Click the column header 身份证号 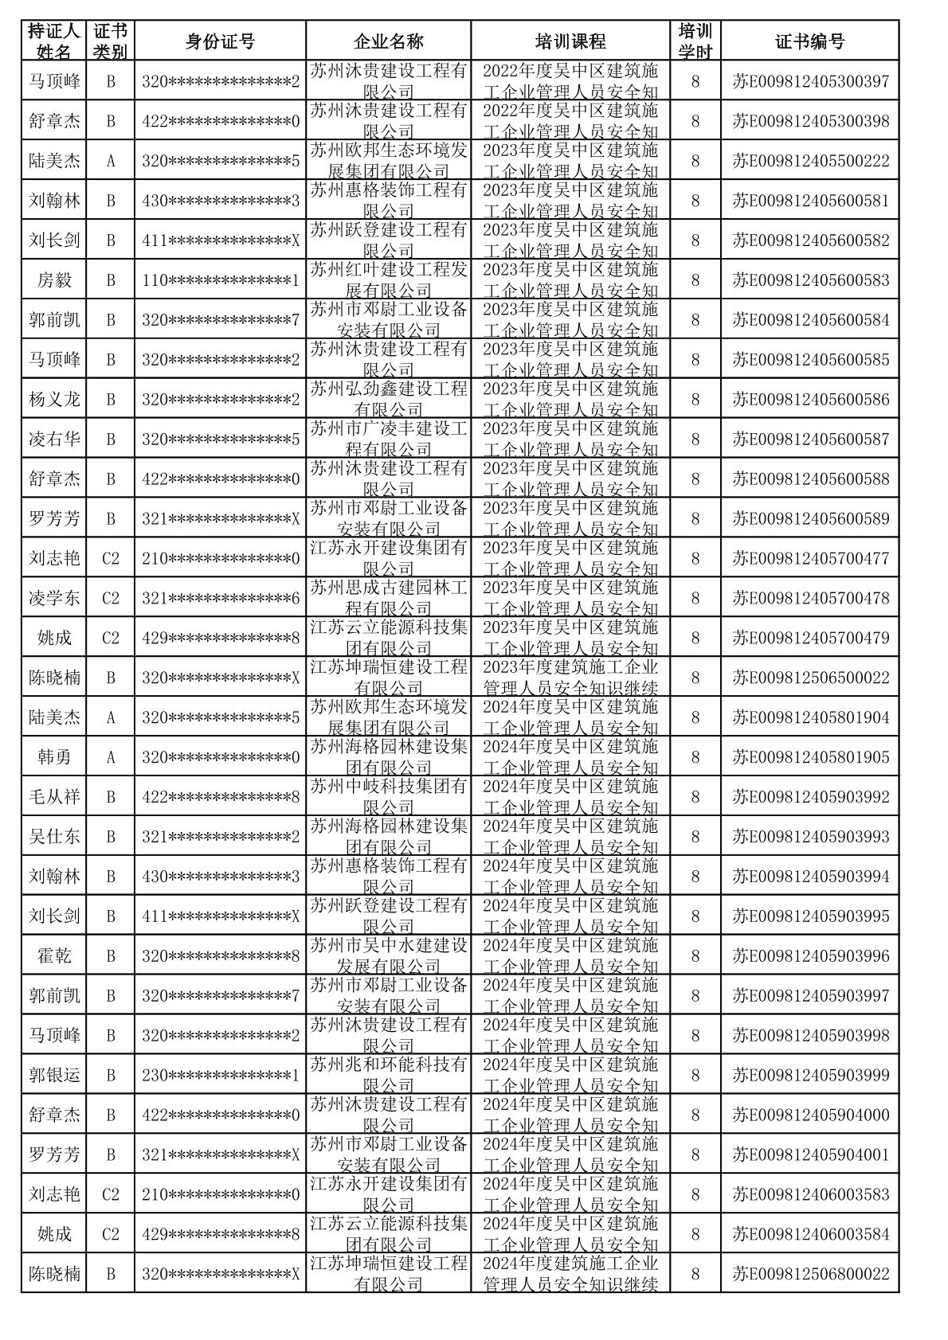pos(220,41)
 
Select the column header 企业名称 pos(388,41)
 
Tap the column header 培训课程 pos(570,41)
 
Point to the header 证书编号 pos(809,41)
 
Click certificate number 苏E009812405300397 pos(810,81)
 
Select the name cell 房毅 pos(54,280)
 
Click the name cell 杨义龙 pos(54,400)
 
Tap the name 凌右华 pos(54,440)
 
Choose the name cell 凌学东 pos(54,598)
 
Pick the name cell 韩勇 pos(54,757)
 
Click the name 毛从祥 pos(54,797)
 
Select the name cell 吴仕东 pos(54,837)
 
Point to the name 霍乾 pos(54,956)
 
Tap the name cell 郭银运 pos(54,1076)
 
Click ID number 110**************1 pos(220,280)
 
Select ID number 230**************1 pos(220,1076)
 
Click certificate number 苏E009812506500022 pos(810,678)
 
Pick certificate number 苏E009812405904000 pos(810,1115)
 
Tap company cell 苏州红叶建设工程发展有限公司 pos(388,280)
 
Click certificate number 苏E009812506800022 pos(810,1274)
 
